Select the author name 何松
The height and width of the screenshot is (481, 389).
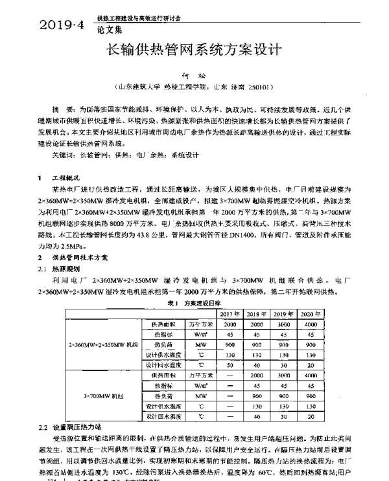click(194, 76)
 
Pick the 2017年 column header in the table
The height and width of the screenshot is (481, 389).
click(229, 313)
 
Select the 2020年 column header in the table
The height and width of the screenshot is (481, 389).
click(311, 313)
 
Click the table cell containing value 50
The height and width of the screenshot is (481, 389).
click(229, 364)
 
